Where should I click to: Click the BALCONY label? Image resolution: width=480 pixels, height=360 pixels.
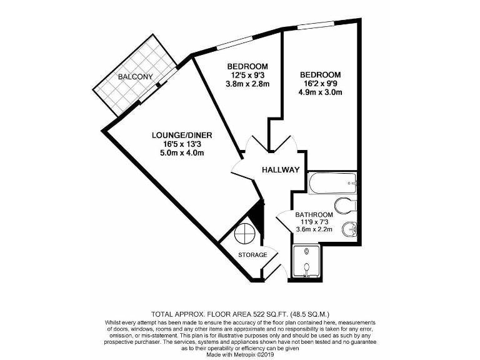click(x=135, y=77)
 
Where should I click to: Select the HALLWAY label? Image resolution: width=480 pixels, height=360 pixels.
click(x=280, y=170)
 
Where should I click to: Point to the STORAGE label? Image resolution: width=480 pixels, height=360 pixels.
click(x=252, y=255)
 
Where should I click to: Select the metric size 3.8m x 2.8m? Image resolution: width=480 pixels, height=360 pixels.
click(x=247, y=85)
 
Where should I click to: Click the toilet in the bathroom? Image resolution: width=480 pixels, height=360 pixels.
click(x=346, y=205)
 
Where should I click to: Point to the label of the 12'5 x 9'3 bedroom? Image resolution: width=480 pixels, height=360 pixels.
click(x=247, y=67)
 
